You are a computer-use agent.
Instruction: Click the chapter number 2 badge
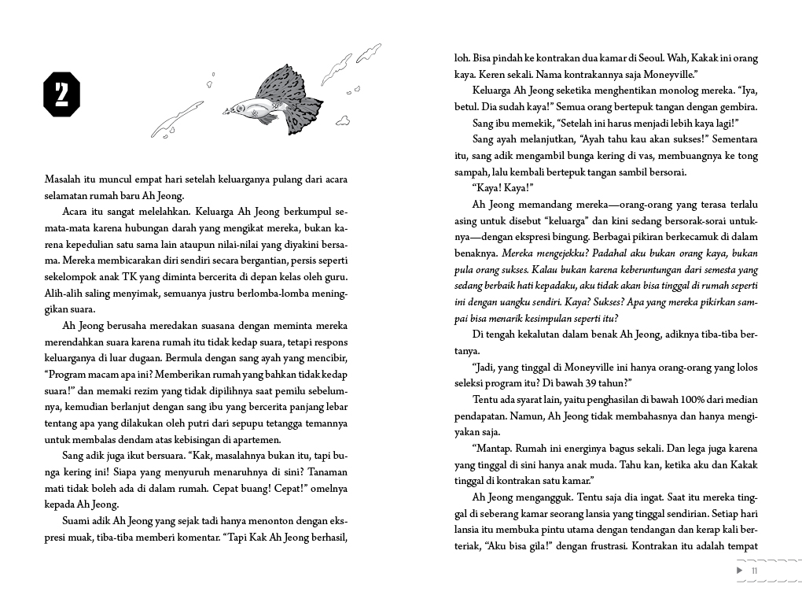(x=62, y=94)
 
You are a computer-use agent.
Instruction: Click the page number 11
(x=755, y=571)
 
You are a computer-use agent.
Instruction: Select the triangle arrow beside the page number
(x=740, y=570)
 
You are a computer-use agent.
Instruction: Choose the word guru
(x=337, y=276)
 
